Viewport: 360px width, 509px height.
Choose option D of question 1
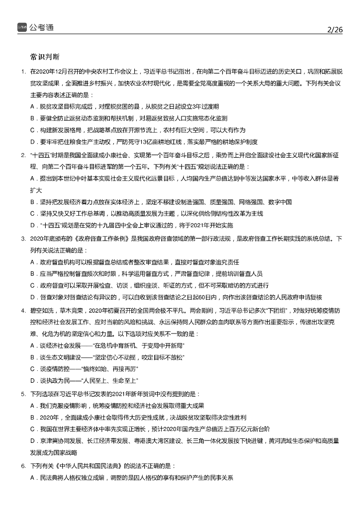(32, 142)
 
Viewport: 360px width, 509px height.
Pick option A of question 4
(32, 344)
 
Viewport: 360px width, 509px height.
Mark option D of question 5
(32, 441)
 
